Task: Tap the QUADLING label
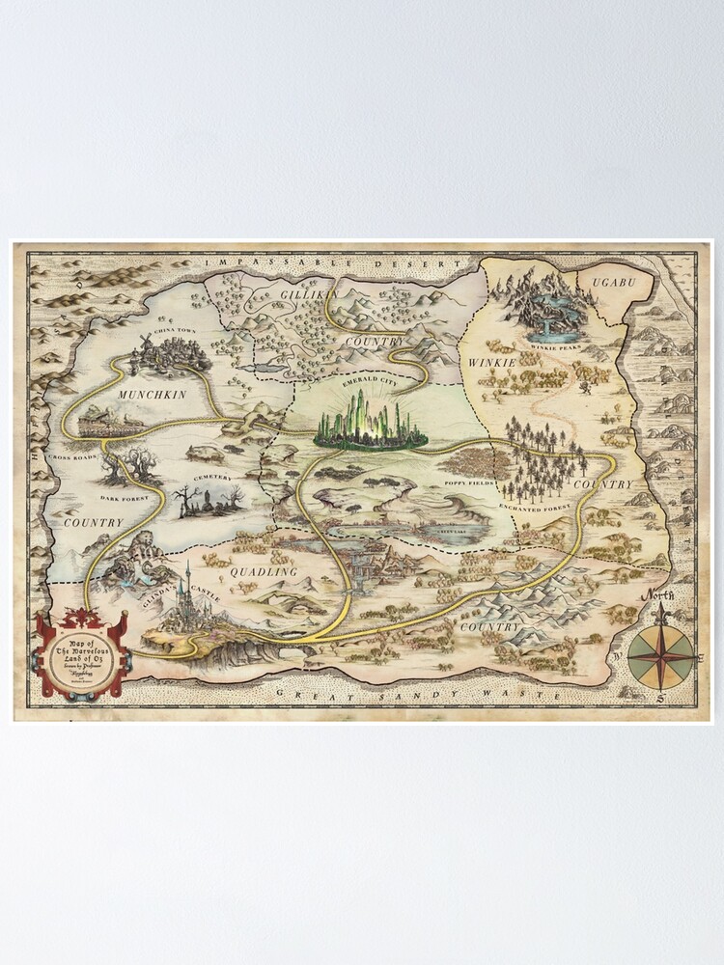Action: (x=263, y=571)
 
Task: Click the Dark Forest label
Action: (x=124, y=498)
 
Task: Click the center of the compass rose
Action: (x=660, y=657)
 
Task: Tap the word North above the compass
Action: (x=659, y=594)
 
